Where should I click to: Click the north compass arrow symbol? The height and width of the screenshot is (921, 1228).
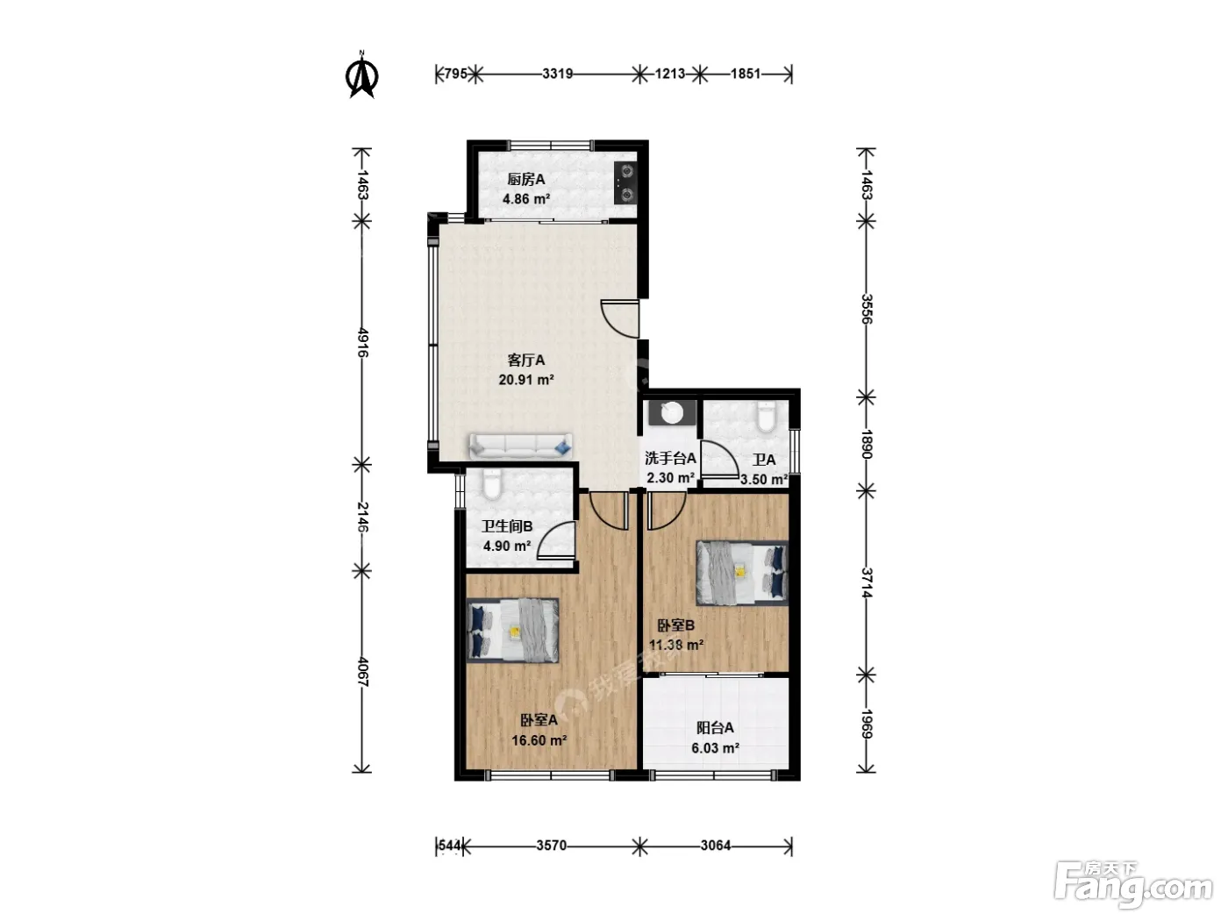[x=362, y=75]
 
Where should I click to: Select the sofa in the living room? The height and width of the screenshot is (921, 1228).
[x=520, y=446]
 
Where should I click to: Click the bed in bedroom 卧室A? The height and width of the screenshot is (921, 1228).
[x=512, y=630]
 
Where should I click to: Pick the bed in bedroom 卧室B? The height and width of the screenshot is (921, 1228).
[x=742, y=573]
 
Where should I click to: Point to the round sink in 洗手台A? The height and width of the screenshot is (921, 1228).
[x=671, y=413]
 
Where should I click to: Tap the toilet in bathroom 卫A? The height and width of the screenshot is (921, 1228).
[x=766, y=418]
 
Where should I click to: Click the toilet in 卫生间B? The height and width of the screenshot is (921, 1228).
[x=492, y=484]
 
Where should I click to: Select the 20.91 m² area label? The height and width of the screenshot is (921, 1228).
[x=526, y=380]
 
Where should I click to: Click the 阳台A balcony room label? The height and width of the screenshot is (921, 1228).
[x=714, y=727]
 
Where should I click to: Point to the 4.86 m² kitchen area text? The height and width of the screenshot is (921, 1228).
[x=526, y=198]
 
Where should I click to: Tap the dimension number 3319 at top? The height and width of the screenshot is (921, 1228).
[x=557, y=74]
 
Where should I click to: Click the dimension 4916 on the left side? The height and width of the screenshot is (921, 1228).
[x=362, y=343]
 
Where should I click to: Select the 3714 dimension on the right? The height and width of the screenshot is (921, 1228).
[x=866, y=582]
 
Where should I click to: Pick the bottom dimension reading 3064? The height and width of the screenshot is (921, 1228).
[x=716, y=846]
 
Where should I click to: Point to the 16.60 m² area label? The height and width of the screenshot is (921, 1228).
[x=539, y=740]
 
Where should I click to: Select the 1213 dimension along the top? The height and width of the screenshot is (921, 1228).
[x=669, y=74]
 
